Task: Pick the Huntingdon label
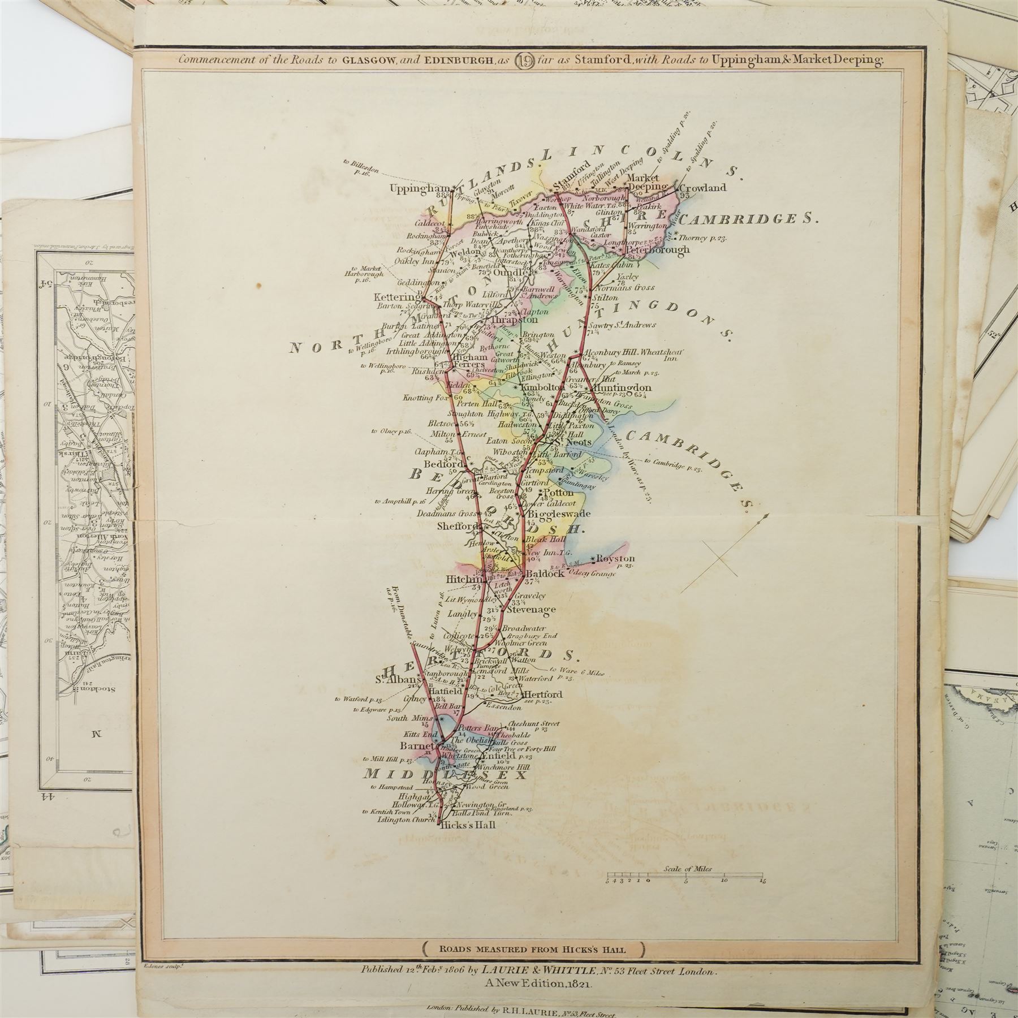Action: pos(621,388)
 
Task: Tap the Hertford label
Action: pos(543,694)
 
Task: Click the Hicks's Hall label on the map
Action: pos(468,825)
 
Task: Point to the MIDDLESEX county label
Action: pos(445,774)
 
